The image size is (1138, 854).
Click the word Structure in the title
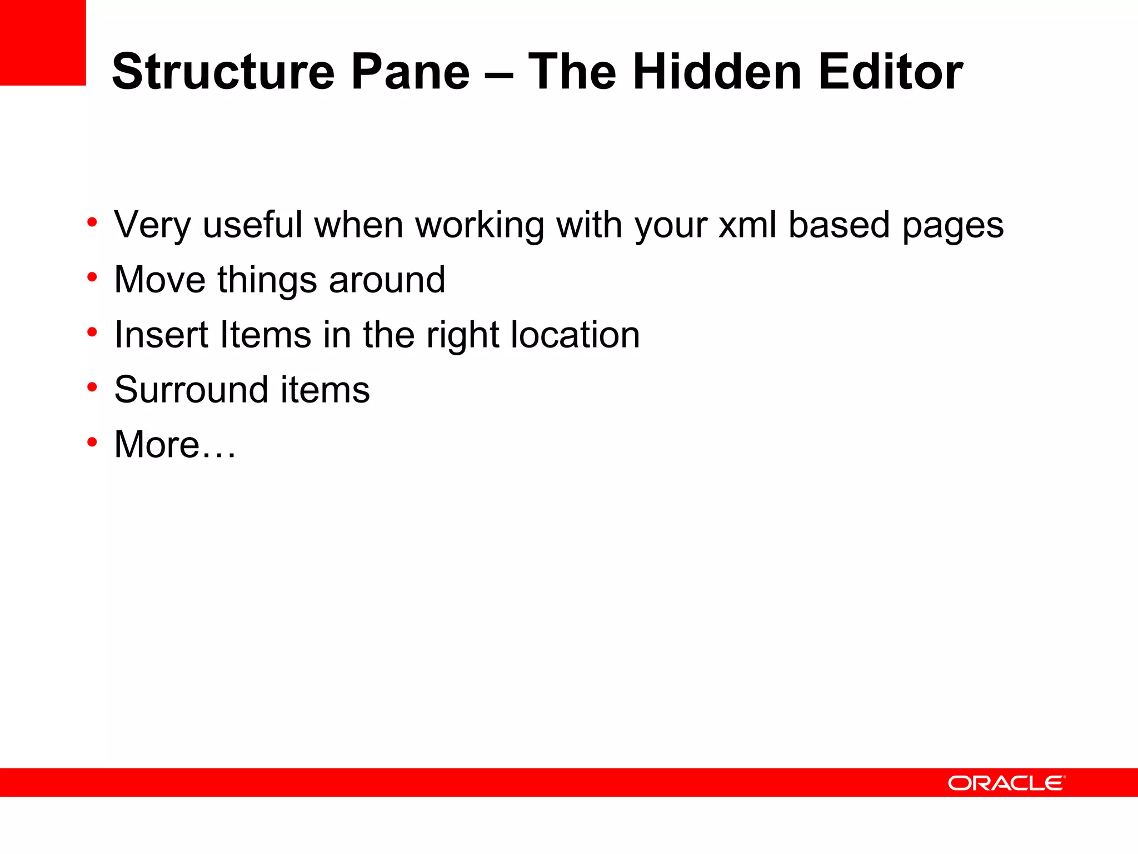point(223,72)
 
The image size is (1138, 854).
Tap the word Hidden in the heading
point(717,72)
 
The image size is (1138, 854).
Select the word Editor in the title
point(891,72)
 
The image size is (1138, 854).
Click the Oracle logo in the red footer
point(1006,783)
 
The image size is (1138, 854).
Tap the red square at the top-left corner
point(43,42)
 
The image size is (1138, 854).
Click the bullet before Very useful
point(92,223)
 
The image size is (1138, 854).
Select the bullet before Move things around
point(92,277)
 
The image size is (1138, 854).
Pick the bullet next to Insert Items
point(92,332)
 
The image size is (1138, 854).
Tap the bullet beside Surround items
point(92,387)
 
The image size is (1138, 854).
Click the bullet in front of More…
point(92,442)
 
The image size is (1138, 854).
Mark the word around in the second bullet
point(387,279)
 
